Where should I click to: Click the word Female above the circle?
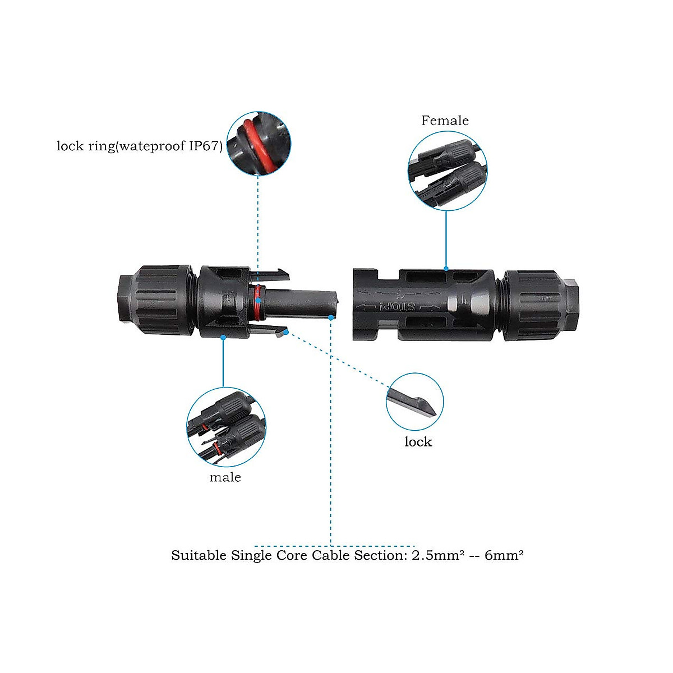pos(445,121)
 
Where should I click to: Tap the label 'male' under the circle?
pos(225,477)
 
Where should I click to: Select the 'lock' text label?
pos(418,442)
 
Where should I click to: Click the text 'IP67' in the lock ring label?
pos(203,147)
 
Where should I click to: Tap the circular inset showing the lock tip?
pos(415,402)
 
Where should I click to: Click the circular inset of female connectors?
pos(448,171)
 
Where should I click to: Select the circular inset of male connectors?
pos(226,425)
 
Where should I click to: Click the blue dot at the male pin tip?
pos(331,317)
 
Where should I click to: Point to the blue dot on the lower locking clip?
pos(287,333)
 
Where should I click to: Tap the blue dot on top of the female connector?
pos(446,269)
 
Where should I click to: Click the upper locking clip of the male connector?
pos(275,273)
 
